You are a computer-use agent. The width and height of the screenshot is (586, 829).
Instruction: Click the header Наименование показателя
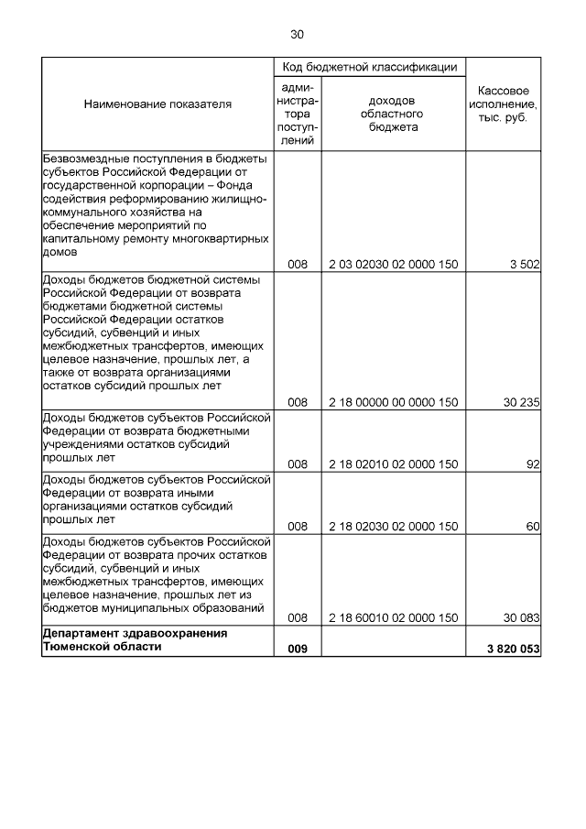tap(157, 104)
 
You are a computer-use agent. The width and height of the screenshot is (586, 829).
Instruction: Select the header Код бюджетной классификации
tap(369, 67)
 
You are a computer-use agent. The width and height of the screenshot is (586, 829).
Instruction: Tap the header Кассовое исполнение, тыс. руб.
tap(502, 105)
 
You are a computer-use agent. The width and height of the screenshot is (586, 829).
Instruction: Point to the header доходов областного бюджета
tap(394, 113)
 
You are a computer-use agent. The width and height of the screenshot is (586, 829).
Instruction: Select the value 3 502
tap(525, 265)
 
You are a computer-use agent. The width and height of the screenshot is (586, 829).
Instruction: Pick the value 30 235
tap(521, 401)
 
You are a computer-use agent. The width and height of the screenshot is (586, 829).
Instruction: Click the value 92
tap(533, 464)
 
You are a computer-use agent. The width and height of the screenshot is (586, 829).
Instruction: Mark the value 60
tap(533, 527)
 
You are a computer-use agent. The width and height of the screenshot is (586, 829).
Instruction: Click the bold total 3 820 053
tap(515, 649)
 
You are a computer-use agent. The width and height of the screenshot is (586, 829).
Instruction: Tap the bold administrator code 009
tap(298, 649)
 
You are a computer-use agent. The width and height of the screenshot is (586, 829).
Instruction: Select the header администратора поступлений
tap(298, 113)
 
